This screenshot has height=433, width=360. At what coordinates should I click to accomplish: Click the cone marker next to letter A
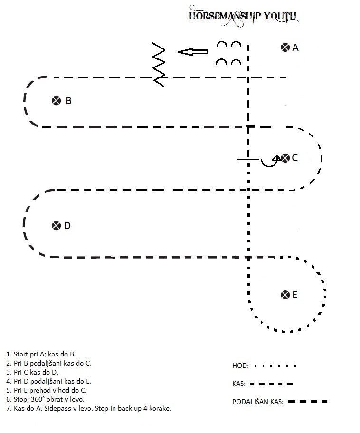click(x=285, y=48)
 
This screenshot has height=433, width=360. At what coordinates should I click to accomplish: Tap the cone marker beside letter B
click(x=56, y=101)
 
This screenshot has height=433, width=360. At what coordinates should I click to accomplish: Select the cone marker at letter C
click(x=285, y=158)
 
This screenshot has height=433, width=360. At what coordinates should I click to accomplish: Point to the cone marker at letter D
click(x=56, y=226)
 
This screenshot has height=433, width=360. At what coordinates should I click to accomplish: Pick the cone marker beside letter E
click(x=285, y=295)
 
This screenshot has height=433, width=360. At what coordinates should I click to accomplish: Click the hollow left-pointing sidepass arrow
click(x=193, y=52)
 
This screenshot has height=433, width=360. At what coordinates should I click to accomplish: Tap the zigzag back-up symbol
click(x=159, y=64)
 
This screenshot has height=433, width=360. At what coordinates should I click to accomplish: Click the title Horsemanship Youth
click(x=243, y=16)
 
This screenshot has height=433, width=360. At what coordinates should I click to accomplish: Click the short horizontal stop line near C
click(x=248, y=159)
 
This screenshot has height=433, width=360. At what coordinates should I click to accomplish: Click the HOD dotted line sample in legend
click(x=275, y=366)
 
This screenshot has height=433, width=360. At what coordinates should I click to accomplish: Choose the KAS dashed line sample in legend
click(x=271, y=384)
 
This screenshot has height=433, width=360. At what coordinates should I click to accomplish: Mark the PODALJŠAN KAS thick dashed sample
click(x=308, y=402)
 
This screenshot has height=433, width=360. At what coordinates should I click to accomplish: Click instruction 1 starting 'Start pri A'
click(x=41, y=354)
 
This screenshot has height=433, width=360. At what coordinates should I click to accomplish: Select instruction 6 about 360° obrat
click(x=45, y=399)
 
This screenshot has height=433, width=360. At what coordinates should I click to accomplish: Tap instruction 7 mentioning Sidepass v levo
click(x=88, y=408)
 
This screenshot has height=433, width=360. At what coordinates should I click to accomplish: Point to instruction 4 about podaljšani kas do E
click(x=49, y=381)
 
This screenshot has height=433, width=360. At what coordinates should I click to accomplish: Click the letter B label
click(x=69, y=101)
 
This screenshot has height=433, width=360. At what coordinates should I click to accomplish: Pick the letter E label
click(x=294, y=295)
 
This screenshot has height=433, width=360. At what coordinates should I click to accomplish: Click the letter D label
click(x=67, y=226)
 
